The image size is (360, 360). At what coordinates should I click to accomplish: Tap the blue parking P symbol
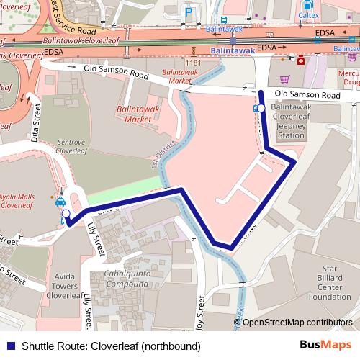[x=189, y=12]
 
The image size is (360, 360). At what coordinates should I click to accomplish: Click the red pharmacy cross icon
[x=300, y=60]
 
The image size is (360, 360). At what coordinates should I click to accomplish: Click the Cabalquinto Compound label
[x=131, y=279]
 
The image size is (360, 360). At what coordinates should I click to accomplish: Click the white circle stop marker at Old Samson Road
[x=261, y=108]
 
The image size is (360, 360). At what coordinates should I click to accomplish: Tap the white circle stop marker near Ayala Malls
[x=66, y=214]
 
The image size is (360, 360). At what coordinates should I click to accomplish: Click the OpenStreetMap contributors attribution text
[x=297, y=323]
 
